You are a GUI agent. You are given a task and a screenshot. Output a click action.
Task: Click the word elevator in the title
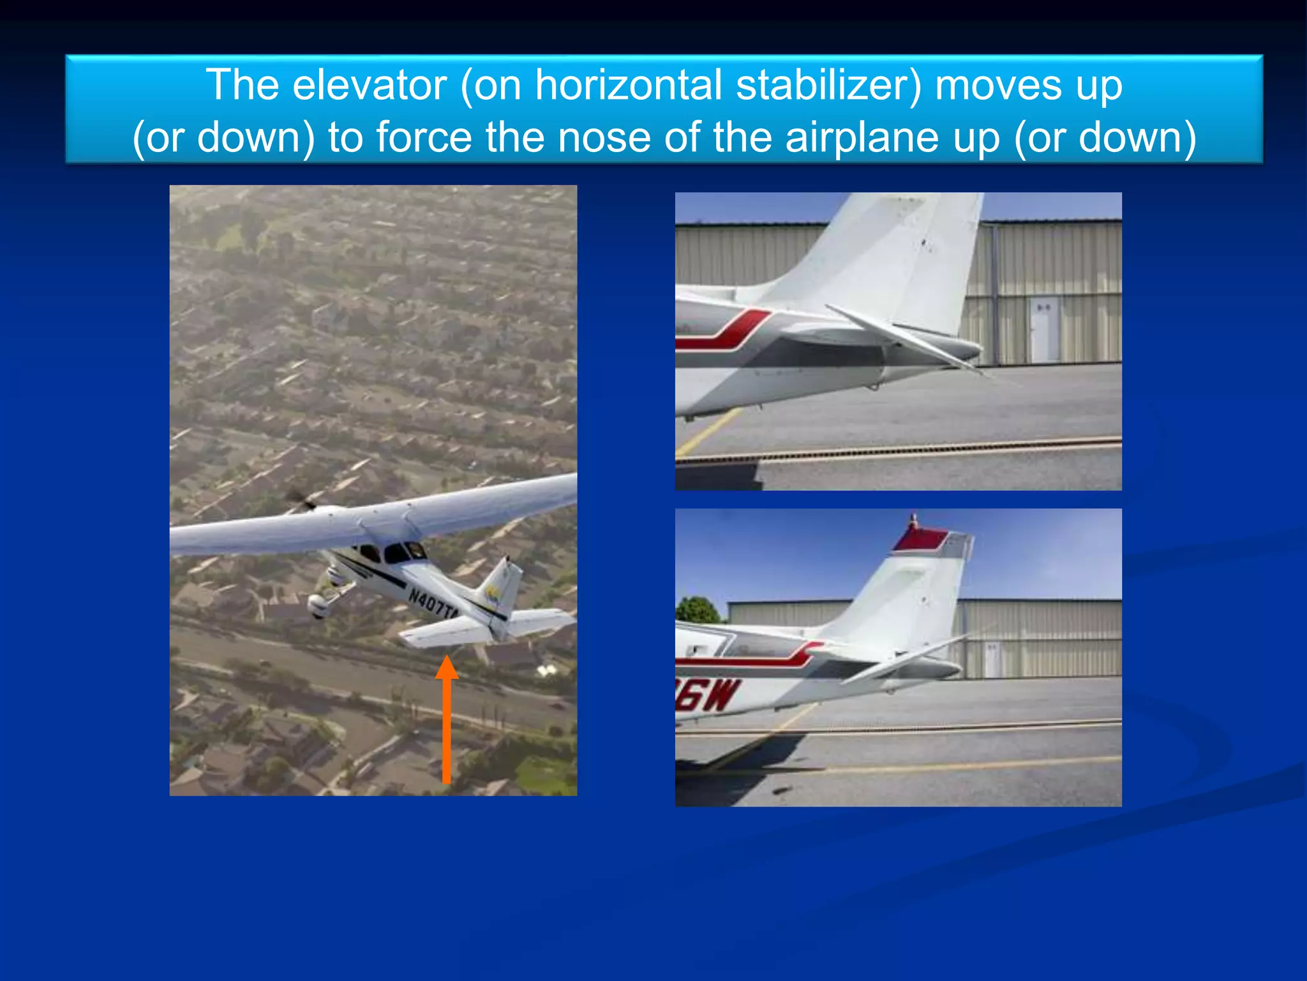[x=369, y=85]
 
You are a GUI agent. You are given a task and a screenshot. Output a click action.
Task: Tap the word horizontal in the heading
[x=628, y=85]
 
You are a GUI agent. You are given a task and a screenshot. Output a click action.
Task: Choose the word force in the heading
[x=424, y=137]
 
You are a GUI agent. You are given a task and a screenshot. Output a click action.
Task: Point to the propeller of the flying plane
[x=300, y=501]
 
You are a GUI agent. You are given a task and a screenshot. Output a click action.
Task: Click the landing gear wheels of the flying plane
[x=319, y=604]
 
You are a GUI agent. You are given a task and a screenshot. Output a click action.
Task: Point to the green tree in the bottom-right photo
[x=698, y=611]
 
